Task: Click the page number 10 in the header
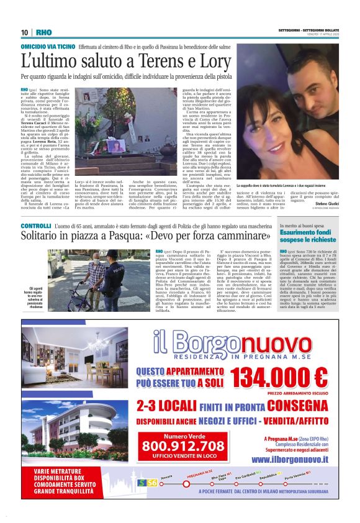pyautogui.click(x=25, y=32)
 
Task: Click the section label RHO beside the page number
pyautogui.click(x=43, y=32)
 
